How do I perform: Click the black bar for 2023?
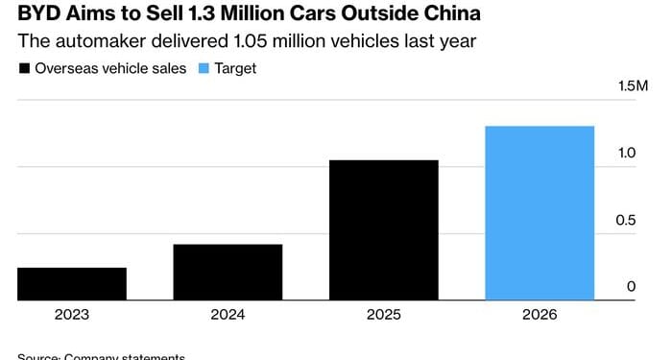click(72, 283)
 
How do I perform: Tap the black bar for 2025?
click(383, 229)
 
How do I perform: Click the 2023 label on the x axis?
click(72, 315)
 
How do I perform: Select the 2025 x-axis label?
click(383, 315)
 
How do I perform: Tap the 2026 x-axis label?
click(539, 315)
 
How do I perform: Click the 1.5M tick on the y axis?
click(633, 87)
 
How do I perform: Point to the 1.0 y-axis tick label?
click(626, 154)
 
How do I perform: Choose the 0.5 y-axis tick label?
click(626, 220)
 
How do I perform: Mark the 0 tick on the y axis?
click(632, 286)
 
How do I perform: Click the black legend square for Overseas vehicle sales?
click(24, 69)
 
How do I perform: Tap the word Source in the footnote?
click(38, 356)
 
